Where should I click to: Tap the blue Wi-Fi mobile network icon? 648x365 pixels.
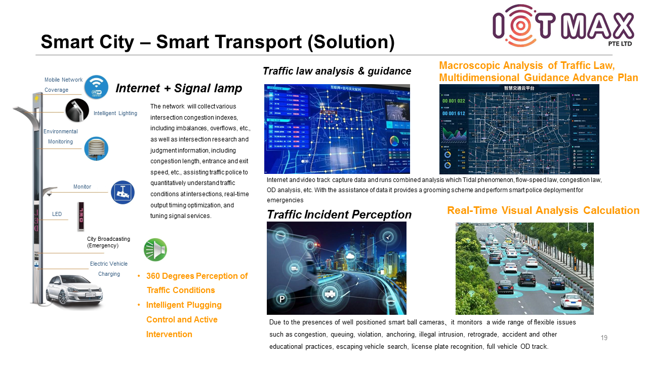[x=96, y=87]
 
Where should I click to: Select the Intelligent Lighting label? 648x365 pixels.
[x=115, y=113]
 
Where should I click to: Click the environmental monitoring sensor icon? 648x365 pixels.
[x=96, y=149]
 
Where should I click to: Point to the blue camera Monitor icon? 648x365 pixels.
[x=123, y=193]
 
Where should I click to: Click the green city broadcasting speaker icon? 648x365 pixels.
[x=155, y=249]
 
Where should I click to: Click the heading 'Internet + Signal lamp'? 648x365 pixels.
[x=179, y=89]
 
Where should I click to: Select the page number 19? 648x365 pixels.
[x=603, y=338]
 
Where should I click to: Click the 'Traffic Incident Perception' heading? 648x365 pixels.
[x=339, y=215]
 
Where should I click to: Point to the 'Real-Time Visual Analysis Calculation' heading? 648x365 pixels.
[x=543, y=210]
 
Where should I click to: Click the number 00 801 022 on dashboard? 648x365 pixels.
[x=454, y=101]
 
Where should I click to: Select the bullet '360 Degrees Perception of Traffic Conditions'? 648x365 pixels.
[x=196, y=283]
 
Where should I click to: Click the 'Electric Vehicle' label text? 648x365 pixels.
[x=108, y=264]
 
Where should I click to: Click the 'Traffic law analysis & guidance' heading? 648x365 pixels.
[x=337, y=71]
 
